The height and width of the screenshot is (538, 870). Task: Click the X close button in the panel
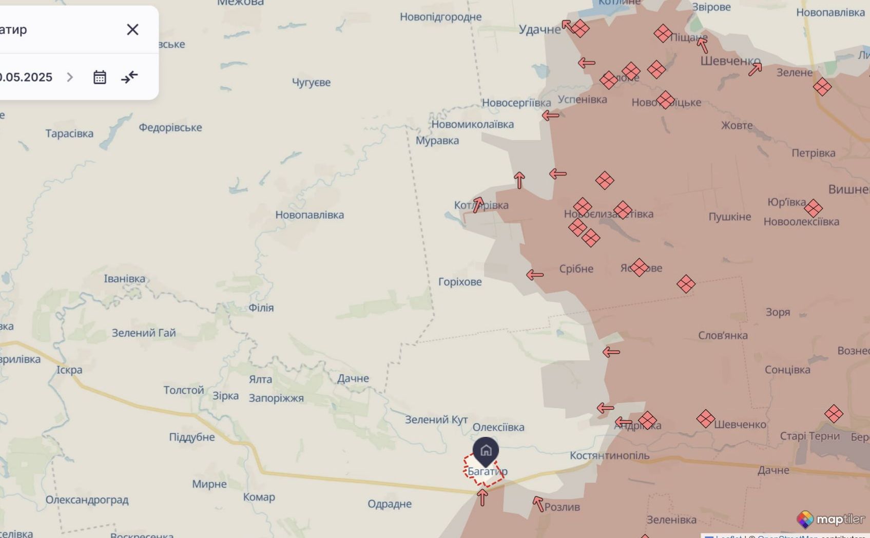click(x=132, y=30)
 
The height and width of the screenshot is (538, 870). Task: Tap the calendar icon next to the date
click(x=100, y=78)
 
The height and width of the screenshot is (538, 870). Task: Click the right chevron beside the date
click(x=70, y=78)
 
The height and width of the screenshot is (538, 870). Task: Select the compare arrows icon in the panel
click(x=129, y=78)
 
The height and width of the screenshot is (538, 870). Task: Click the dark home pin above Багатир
click(x=486, y=451)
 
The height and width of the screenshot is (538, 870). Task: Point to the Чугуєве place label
click(x=311, y=83)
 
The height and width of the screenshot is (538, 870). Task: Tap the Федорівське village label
click(x=170, y=128)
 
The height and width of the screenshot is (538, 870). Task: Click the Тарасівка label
click(x=69, y=134)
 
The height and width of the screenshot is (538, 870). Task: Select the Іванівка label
click(x=124, y=279)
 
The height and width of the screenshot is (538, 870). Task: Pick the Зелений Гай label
click(x=144, y=333)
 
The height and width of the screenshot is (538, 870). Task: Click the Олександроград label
click(x=87, y=500)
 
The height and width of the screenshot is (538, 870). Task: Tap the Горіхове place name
click(x=460, y=282)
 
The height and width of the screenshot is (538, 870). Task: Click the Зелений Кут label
click(x=436, y=420)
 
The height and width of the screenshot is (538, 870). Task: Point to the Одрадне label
click(x=389, y=504)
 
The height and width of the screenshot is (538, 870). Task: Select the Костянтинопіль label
click(x=609, y=456)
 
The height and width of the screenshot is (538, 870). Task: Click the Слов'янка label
click(x=723, y=336)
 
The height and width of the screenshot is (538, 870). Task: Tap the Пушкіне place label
click(x=729, y=217)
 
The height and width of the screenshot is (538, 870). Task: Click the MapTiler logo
click(x=830, y=520)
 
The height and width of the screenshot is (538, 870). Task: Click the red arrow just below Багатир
click(x=482, y=497)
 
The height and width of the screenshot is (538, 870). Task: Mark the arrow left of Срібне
click(x=535, y=275)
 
